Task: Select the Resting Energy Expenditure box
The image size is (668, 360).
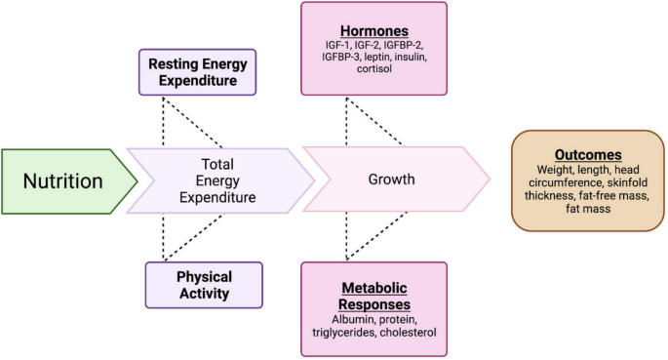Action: (198, 71)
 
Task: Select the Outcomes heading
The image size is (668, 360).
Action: (581, 155)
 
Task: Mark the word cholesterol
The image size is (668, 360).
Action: (411, 333)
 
